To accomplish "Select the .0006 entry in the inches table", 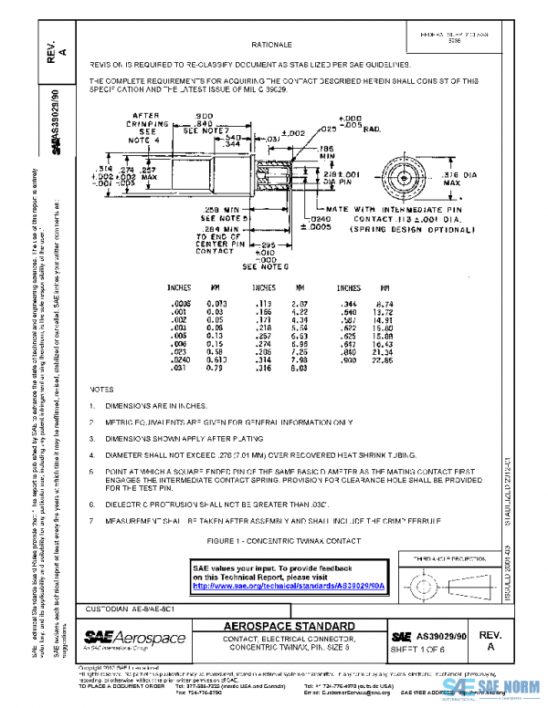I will coord(180,302).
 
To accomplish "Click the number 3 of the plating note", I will coord(117,439).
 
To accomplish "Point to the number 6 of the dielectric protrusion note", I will coord(117,503).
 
